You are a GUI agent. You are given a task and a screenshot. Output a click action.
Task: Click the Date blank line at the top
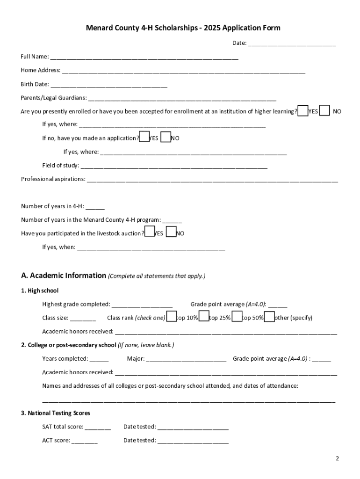coord(291,44)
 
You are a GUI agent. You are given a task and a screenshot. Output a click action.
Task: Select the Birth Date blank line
coord(108,84)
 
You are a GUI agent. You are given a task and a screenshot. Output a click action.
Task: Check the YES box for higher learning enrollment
coord(303,111)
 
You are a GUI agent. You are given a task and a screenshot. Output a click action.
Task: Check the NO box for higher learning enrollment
coord(324,111)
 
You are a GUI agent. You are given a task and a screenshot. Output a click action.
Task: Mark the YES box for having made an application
coord(144,138)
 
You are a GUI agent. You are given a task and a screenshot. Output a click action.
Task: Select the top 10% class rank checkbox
coord(172,317)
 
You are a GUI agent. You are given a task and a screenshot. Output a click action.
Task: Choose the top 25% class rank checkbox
coord(204,317)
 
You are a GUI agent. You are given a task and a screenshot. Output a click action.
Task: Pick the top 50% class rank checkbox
coord(237,317)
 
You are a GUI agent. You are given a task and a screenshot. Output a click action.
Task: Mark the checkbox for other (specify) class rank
coord(269,317)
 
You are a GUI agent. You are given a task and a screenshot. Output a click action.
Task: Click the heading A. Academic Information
coord(63,276)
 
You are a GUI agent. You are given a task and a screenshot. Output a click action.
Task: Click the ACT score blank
coord(85,441)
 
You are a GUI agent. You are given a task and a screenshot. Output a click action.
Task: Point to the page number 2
coord(337,458)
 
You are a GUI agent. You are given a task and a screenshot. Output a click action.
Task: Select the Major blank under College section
coord(186,359)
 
